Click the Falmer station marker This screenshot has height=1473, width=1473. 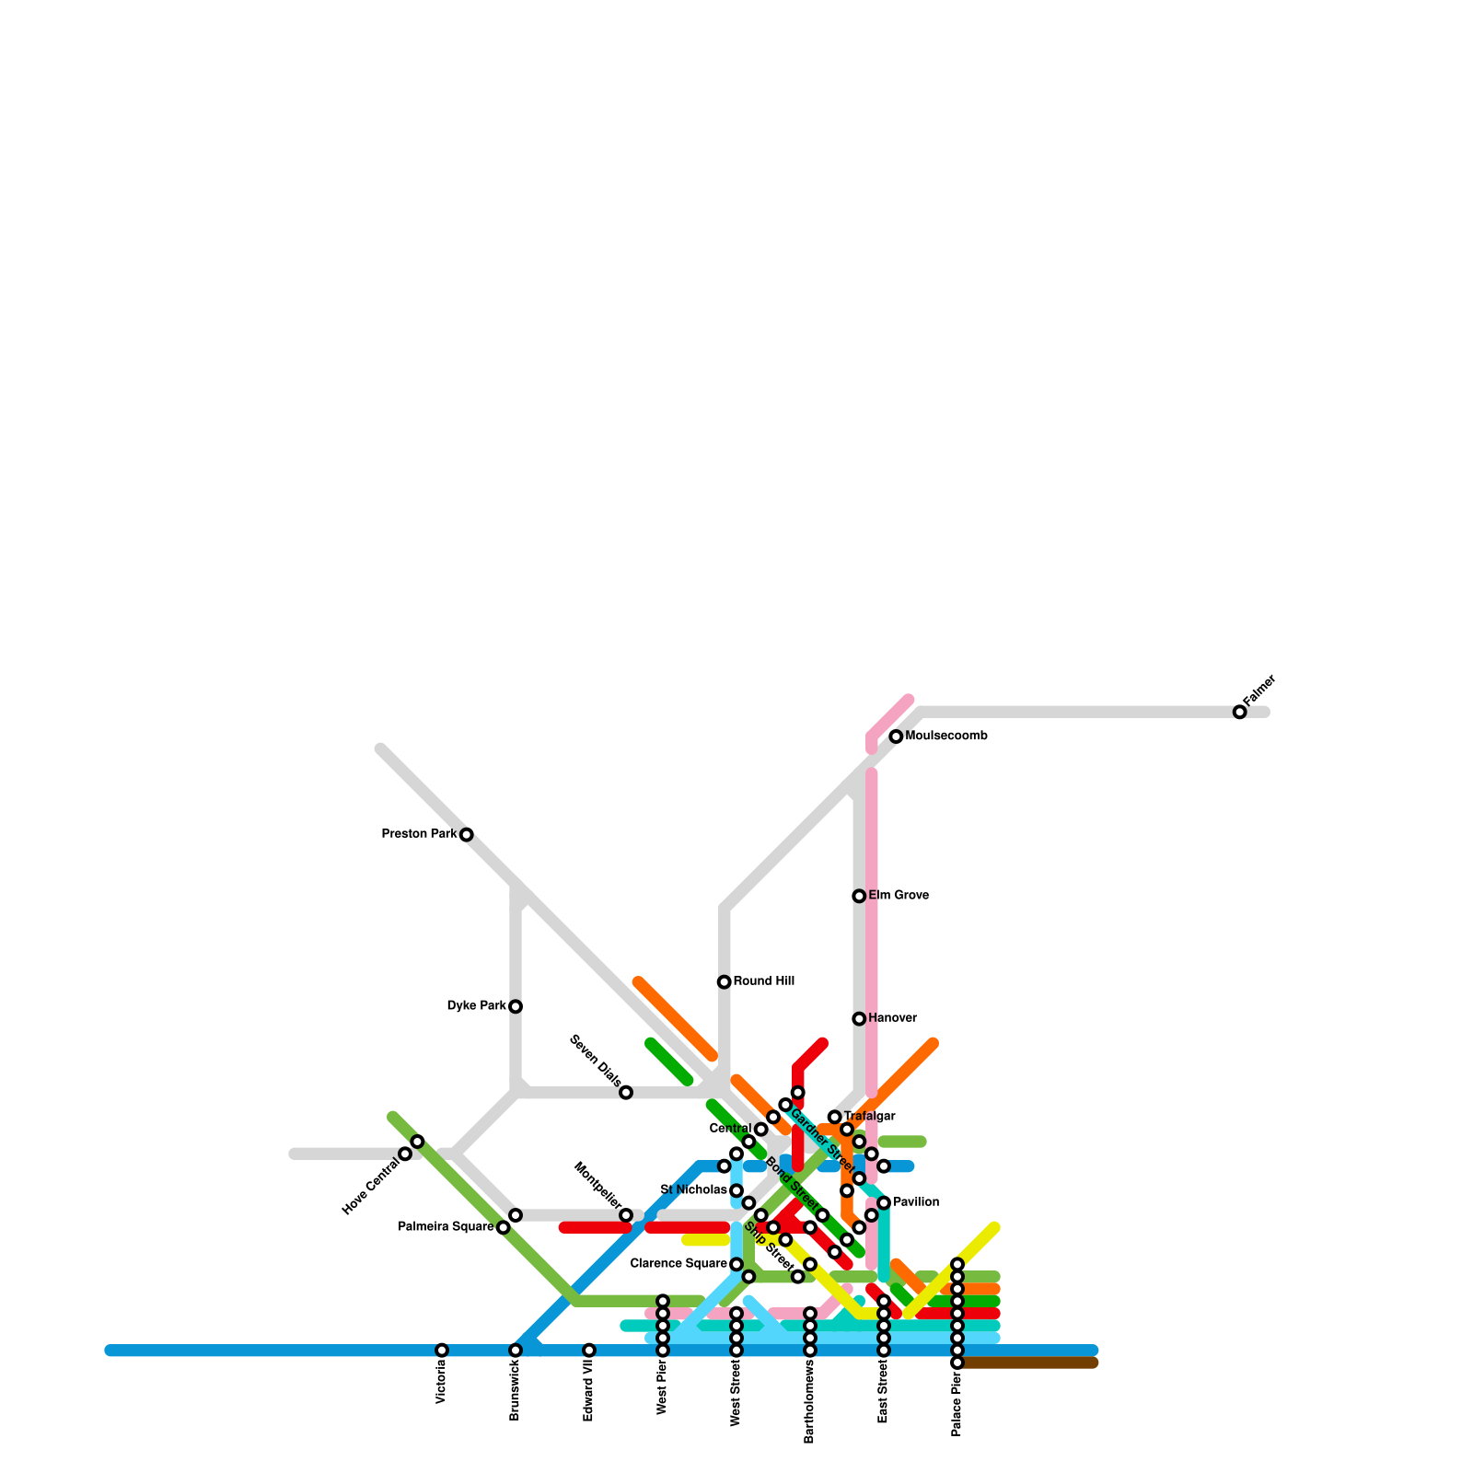1239,712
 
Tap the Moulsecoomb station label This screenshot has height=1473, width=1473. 946,736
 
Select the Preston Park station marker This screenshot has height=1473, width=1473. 467,835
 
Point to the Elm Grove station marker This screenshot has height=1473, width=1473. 859,896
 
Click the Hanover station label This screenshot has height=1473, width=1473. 892,1018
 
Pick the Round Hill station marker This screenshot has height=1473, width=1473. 725,982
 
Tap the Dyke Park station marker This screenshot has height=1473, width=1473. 516,1006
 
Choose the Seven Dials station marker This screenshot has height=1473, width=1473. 626,1093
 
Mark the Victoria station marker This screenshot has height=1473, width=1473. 442,1351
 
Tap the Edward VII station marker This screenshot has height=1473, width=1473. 589,1351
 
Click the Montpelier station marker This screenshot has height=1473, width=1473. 626,1215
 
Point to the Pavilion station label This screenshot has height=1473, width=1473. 916,1202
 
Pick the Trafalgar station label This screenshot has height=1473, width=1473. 869,1117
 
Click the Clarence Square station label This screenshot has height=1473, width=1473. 679,1264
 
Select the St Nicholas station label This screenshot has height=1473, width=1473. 694,1190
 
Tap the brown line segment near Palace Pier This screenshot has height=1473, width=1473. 1031,1363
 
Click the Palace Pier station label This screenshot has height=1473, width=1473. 957,1404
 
